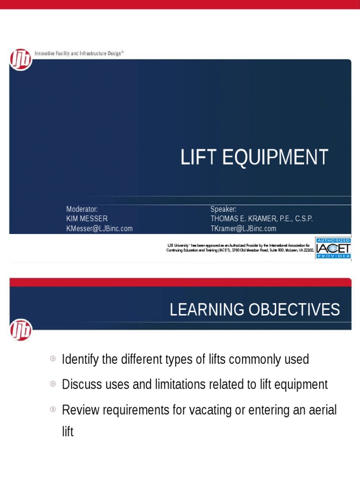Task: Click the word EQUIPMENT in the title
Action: pyautogui.click(x=275, y=157)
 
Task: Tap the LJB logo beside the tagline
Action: pyautogui.click(x=21, y=60)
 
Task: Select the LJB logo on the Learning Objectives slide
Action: pyautogui.click(x=21, y=330)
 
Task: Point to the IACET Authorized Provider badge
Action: pyautogui.click(x=333, y=248)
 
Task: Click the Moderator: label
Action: pyautogui.click(x=82, y=209)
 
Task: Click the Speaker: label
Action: pyautogui.click(x=224, y=209)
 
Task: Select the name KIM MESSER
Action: pyautogui.click(x=87, y=219)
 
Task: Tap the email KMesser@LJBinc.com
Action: pyautogui.click(x=99, y=229)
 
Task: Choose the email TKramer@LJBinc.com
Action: pyautogui.click(x=243, y=229)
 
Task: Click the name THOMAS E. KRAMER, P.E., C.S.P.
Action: pyautogui.click(x=262, y=219)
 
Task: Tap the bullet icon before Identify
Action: pyautogui.click(x=53, y=359)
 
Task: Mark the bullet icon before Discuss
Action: pyautogui.click(x=53, y=384)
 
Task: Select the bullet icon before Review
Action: pyautogui.click(x=53, y=409)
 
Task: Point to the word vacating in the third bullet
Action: pyautogui.click(x=210, y=410)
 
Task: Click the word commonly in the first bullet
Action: pyautogui.click(x=245, y=360)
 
